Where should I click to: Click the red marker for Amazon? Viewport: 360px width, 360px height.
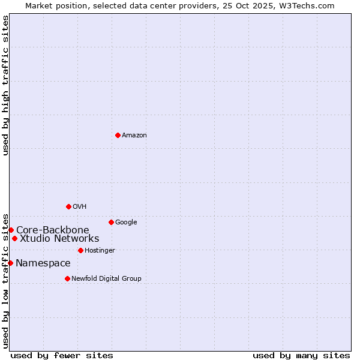point(118,135)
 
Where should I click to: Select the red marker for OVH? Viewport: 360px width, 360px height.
point(68,206)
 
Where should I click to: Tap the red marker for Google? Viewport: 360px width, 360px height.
point(111,222)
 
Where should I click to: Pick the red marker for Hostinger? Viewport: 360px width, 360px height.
point(80,250)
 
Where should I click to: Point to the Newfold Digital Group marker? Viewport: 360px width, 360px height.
point(67,278)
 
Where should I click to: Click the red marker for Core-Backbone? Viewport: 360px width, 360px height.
point(11,230)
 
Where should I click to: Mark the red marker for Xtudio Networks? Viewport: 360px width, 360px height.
point(14,238)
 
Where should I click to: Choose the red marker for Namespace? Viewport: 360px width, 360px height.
point(10,263)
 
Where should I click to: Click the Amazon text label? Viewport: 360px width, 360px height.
point(134,136)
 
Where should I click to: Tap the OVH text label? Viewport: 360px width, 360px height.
point(80,207)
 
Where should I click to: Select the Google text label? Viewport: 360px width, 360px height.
point(126,223)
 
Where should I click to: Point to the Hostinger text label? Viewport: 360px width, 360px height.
point(100,251)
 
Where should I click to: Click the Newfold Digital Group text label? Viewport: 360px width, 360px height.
point(106,279)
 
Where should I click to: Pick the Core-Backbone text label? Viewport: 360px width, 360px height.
point(53,230)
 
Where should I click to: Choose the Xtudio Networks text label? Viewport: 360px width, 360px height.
point(59,239)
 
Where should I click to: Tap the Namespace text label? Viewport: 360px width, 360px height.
point(43,263)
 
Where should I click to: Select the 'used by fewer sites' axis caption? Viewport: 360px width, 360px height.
point(62,355)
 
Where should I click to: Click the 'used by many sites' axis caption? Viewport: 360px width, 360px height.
point(301,355)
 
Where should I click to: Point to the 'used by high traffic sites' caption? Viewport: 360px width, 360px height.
point(5,85)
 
